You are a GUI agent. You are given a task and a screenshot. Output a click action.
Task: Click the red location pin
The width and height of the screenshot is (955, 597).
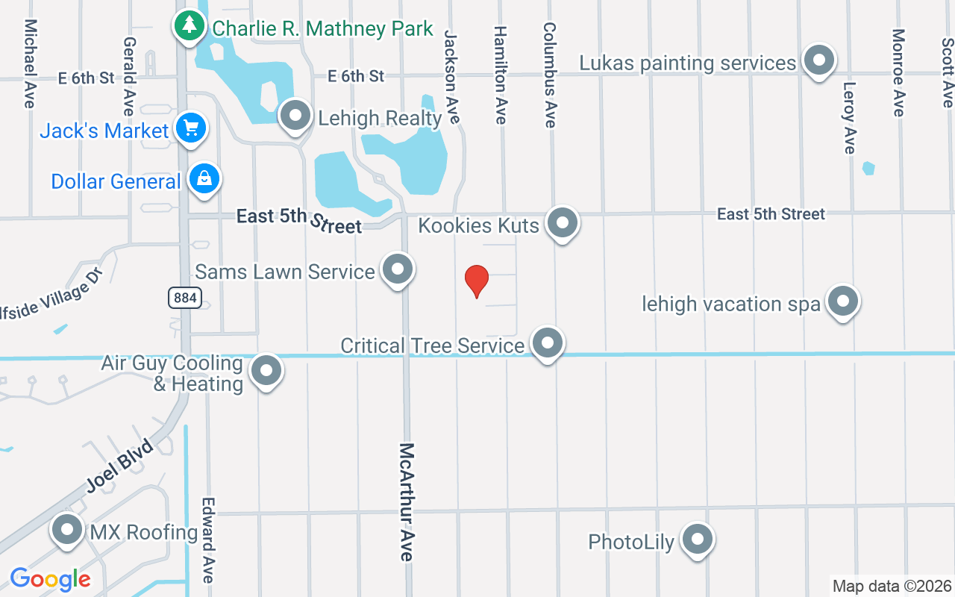477,281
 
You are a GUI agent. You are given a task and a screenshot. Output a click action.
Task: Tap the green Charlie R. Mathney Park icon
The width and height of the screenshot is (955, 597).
190,26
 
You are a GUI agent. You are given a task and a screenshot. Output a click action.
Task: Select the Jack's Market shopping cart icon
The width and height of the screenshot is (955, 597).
190,128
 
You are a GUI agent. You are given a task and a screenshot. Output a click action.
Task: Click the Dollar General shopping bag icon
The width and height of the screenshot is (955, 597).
204,179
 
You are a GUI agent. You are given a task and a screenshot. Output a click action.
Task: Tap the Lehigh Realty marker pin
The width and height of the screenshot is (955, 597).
295,116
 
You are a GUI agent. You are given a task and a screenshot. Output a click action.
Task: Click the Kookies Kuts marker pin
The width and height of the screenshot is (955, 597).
562,222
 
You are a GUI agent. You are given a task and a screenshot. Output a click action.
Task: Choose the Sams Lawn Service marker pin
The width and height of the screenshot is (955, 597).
397,269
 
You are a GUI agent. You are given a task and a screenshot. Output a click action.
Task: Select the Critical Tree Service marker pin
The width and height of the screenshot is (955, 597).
548,343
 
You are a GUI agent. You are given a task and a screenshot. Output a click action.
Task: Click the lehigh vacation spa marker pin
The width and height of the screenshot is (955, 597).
842,301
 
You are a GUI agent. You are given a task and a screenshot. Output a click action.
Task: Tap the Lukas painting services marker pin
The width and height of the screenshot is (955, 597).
818,60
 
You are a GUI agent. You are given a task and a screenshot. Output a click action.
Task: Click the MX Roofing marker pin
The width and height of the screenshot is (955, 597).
67,530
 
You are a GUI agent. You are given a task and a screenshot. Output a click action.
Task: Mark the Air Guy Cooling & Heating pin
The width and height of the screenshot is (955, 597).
266,370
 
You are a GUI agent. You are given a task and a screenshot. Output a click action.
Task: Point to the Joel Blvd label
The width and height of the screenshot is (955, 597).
119,466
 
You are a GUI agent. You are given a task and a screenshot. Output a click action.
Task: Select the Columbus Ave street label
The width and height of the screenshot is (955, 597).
550,74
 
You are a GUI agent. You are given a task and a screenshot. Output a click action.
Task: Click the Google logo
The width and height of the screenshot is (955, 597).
50,579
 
